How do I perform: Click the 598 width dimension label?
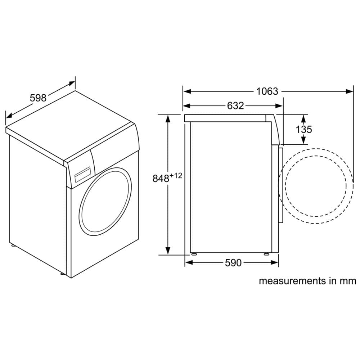38,98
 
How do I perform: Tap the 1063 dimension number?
267,91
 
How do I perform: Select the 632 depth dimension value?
235,105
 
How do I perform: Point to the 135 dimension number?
304,130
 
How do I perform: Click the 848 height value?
161,179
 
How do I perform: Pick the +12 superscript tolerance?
176,176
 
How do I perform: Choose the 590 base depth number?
233,263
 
